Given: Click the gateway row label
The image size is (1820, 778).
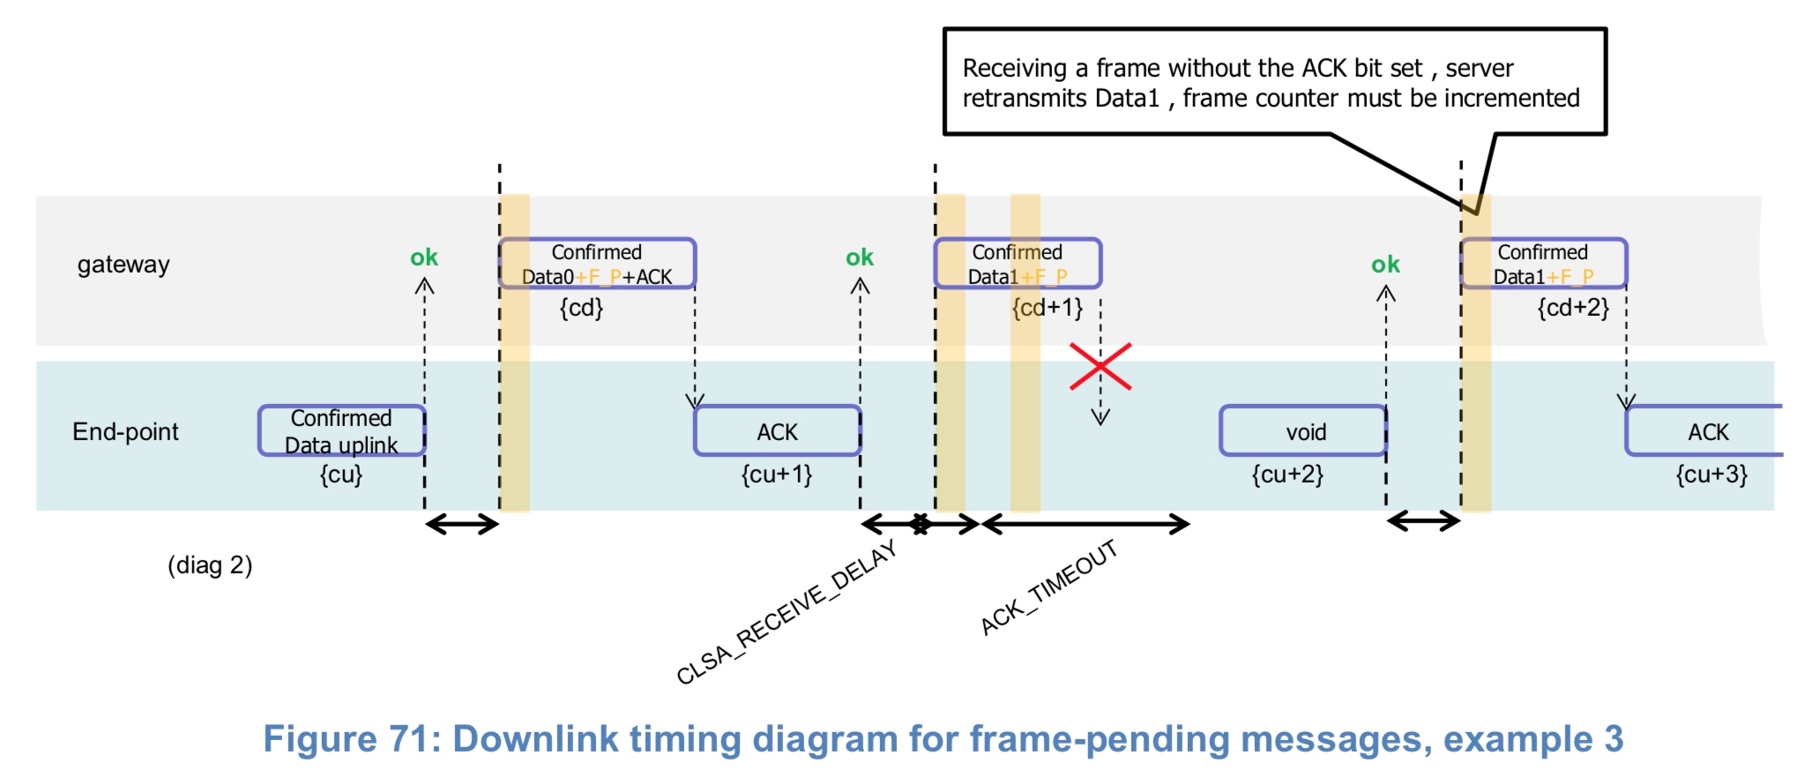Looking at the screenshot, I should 123,265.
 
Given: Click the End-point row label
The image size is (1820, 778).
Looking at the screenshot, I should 125,431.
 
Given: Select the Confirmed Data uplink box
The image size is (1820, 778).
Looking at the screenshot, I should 342,430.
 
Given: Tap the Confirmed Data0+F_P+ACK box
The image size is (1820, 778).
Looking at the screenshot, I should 597,264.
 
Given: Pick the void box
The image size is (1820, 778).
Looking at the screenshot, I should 1303,431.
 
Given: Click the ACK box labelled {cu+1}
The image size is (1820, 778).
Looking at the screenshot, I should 777,431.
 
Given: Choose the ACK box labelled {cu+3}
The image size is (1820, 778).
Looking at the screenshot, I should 1705,431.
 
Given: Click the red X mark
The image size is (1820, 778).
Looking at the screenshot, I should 1100,367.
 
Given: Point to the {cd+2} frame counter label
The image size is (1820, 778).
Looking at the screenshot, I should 1573,308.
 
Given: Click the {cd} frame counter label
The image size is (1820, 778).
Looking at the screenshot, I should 581,308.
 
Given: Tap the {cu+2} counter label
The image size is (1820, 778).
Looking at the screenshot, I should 1287,475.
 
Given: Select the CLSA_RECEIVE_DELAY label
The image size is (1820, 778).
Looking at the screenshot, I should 787,612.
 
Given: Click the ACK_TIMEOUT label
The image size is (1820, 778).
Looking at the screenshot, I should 1049,587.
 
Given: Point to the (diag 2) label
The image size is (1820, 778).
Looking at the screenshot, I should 210,565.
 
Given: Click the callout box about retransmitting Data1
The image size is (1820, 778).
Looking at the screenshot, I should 1274,82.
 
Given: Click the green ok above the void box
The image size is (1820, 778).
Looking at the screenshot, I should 1385,265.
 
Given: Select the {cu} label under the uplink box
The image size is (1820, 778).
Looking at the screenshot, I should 340,475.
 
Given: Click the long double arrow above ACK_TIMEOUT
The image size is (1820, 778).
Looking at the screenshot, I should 1085,525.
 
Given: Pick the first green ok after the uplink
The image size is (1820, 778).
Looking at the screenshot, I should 423,258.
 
